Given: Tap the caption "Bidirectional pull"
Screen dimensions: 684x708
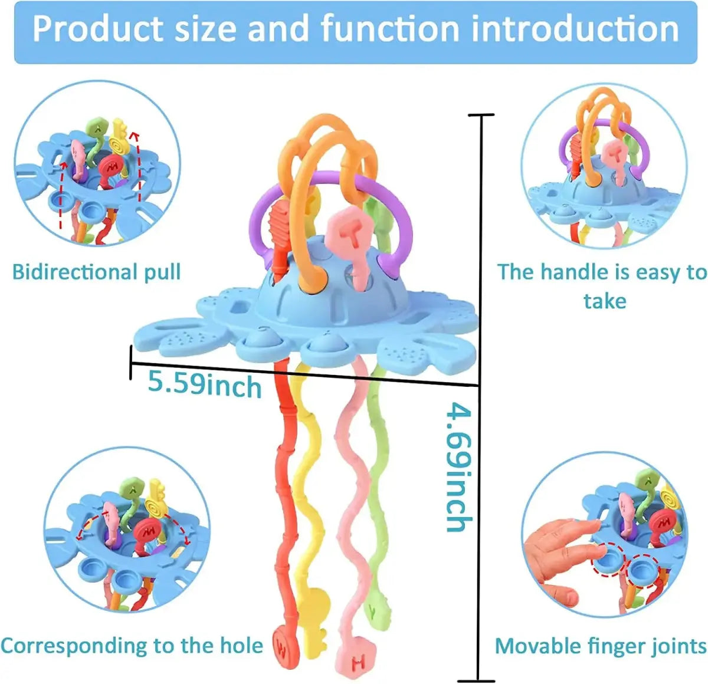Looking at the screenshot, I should pyautogui.click(x=96, y=272).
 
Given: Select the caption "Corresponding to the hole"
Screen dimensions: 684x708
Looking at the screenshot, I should pyautogui.click(x=132, y=646).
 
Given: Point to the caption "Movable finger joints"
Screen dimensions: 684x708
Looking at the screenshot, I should pyautogui.click(x=600, y=646).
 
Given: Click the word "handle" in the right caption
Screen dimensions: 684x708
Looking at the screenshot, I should pyautogui.click(x=569, y=272).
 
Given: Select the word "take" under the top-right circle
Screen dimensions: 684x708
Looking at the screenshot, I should pyautogui.click(x=604, y=301).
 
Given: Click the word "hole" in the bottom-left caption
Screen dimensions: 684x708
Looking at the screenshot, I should pyautogui.click(x=242, y=646).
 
